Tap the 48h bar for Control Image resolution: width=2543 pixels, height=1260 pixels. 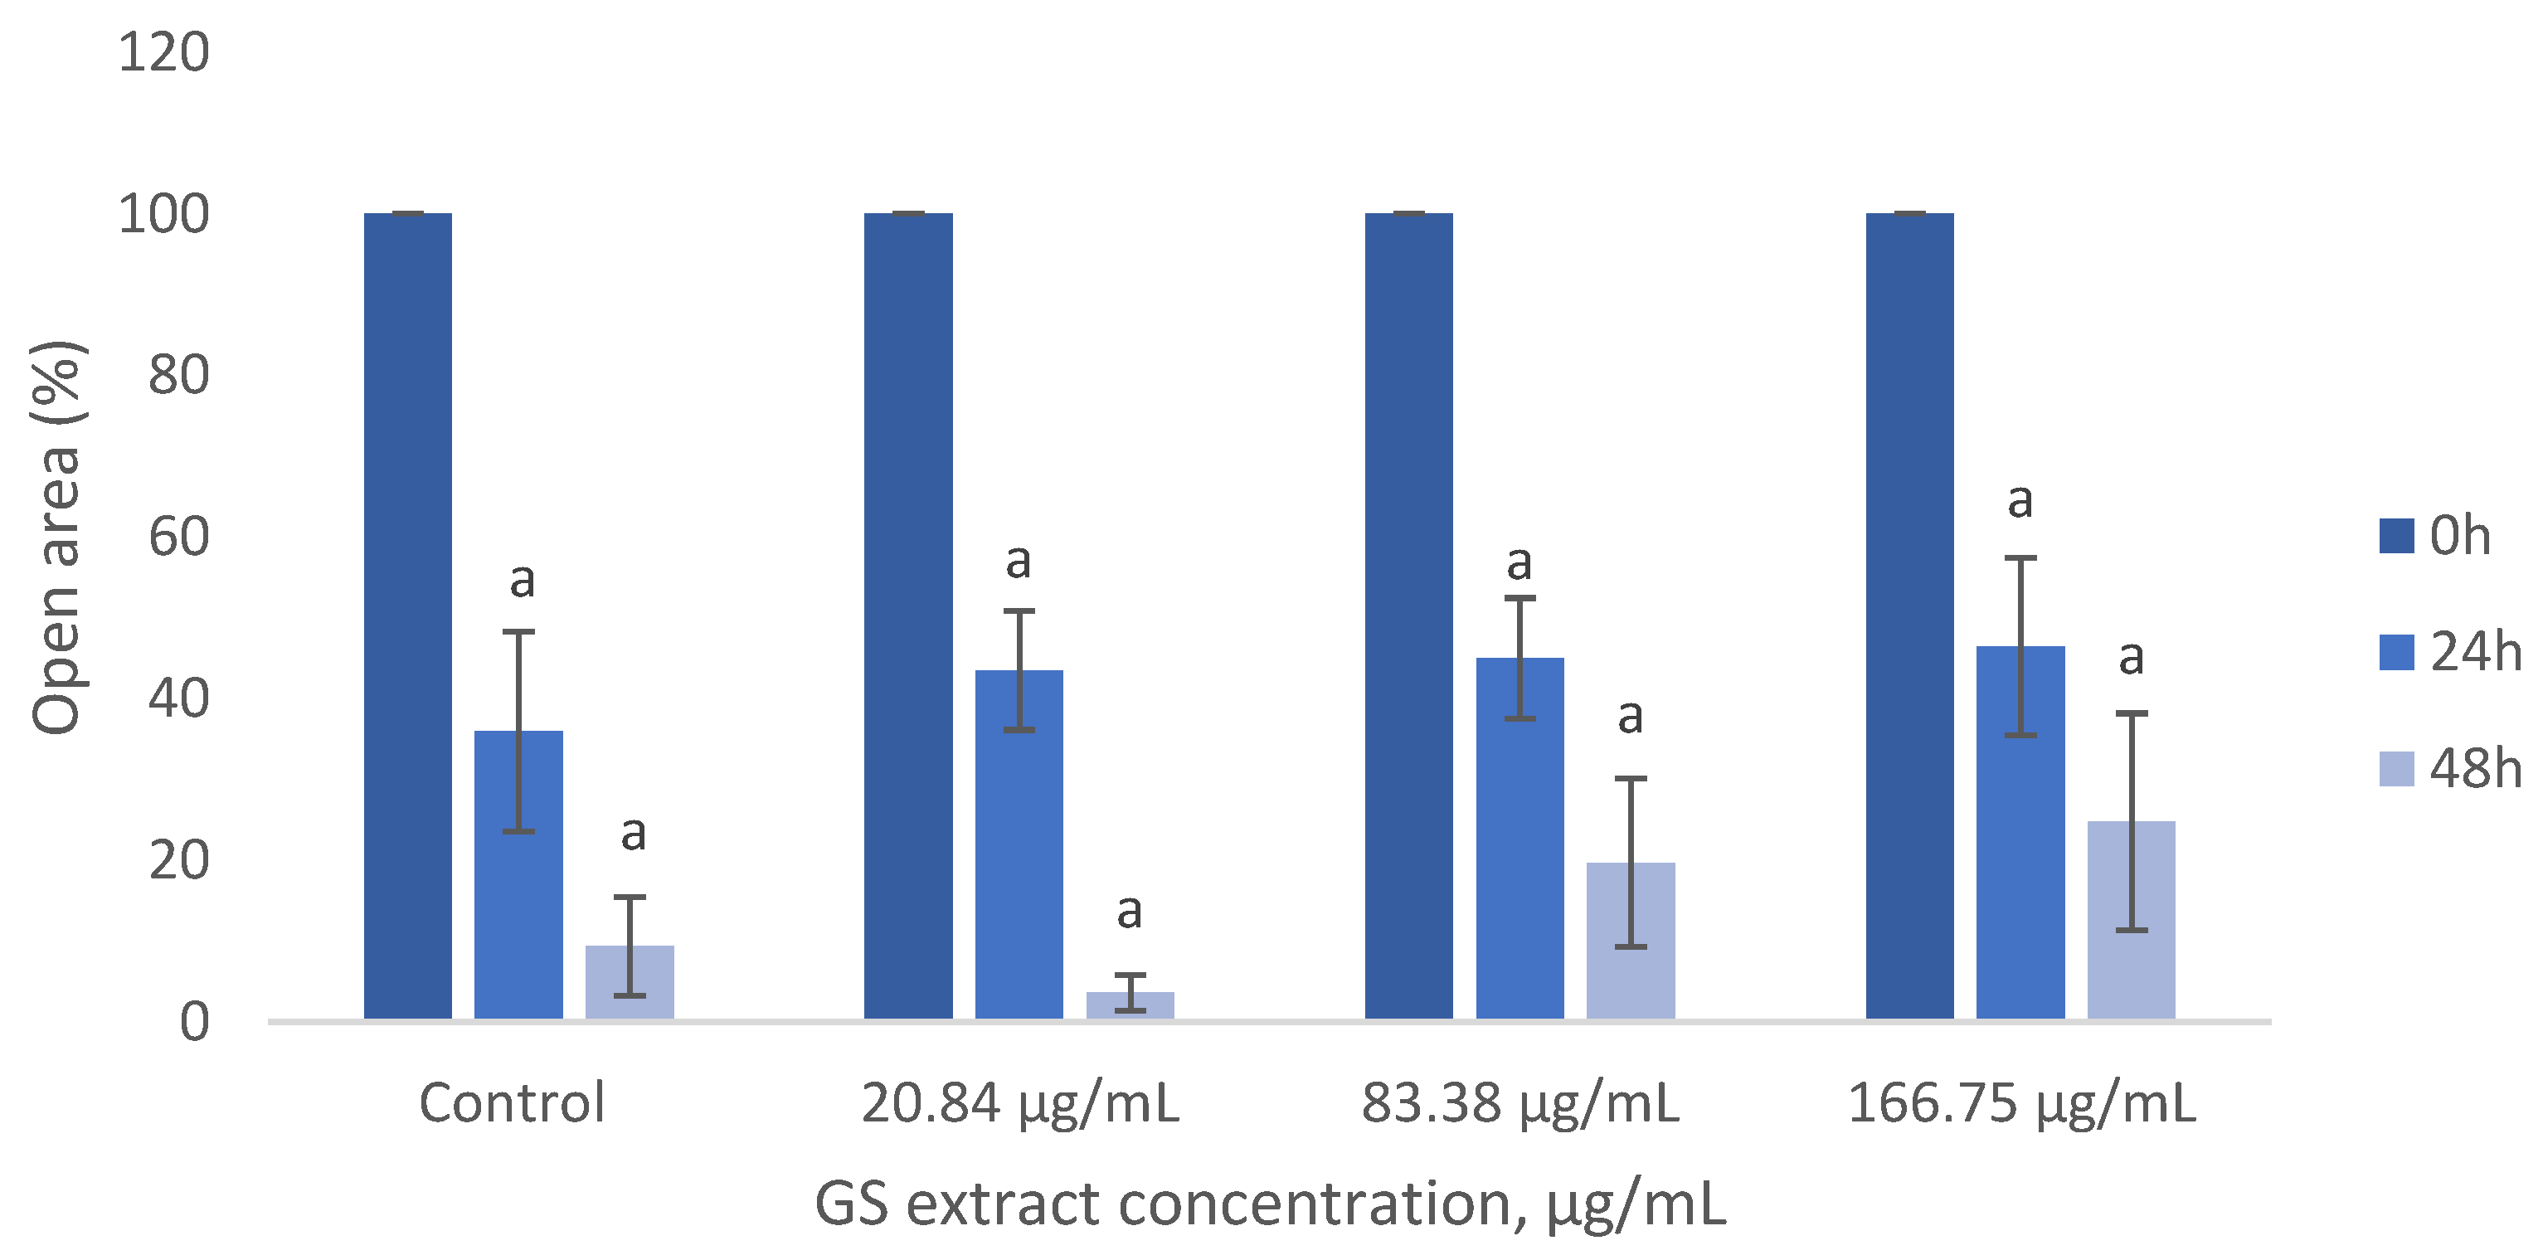coord(629,981)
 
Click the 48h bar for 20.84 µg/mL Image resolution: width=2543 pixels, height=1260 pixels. coord(1130,1005)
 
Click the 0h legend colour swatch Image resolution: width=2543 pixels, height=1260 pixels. coord(2396,536)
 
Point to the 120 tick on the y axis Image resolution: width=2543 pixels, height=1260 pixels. coord(164,52)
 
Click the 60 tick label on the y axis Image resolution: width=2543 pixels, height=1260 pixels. coord(178,538)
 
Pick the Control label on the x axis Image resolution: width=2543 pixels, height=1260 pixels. coord(512,1103)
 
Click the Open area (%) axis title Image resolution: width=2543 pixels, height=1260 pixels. coord(57,538)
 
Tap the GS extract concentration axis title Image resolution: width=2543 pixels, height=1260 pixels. coord(1270,1204)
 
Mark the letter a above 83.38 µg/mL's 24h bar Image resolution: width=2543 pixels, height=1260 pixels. coord(1519,564)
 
